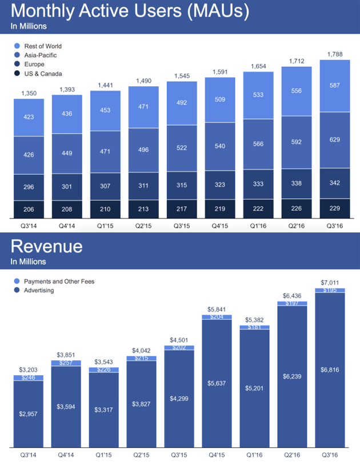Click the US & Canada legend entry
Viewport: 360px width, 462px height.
43,74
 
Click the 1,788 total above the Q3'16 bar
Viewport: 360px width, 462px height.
334,54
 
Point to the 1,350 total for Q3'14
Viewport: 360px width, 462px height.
29,93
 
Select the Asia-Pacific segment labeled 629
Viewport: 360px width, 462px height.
334,140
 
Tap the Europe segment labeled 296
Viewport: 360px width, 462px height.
29,187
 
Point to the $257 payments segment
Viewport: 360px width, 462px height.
67,363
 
